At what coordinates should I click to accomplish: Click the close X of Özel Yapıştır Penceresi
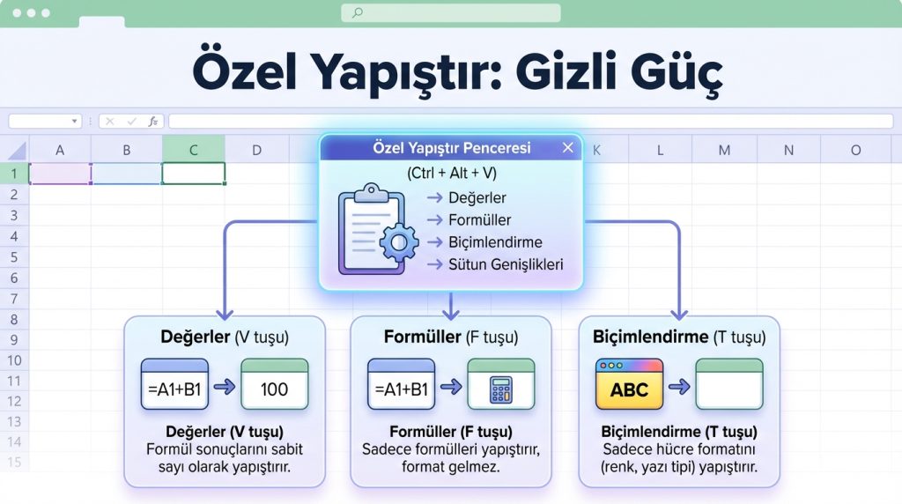568,148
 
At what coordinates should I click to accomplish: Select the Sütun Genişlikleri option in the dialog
505,264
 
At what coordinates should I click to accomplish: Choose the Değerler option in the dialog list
477,198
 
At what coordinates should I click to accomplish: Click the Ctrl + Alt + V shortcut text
450,174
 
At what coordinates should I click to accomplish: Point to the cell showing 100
274,389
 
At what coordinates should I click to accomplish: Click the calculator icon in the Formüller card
501,389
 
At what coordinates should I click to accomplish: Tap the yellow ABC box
629,389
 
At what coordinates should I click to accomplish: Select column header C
194,150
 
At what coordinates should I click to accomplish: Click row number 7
14,299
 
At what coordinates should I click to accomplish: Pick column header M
724,150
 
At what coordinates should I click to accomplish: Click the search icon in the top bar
357,13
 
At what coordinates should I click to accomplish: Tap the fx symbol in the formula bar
152,122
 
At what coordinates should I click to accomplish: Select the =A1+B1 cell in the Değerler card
174,389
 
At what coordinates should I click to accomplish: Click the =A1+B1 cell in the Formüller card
401,389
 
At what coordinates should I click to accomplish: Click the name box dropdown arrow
73,122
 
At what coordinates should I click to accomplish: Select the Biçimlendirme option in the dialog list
494,242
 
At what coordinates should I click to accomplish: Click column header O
854,150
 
